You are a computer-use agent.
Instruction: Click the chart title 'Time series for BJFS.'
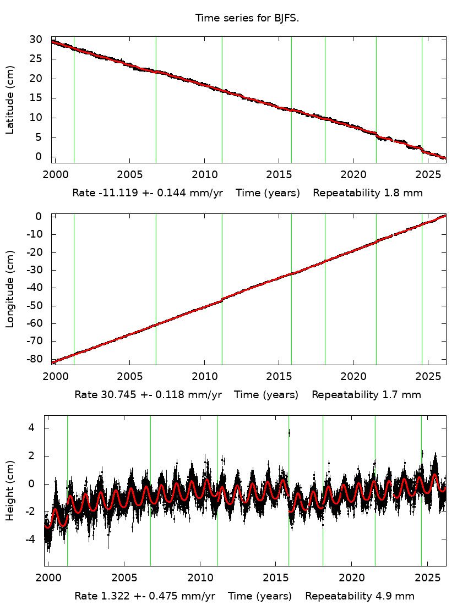247,18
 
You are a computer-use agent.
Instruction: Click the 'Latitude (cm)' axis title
10,100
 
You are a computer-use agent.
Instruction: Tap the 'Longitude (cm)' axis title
10,289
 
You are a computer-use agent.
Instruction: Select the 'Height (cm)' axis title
10,490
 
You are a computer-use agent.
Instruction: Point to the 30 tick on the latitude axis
36,40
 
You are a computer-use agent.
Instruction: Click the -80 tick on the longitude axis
34,359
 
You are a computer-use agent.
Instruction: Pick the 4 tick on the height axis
31,428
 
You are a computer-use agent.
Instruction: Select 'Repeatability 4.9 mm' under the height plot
360,596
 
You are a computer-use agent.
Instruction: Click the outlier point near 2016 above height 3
289,433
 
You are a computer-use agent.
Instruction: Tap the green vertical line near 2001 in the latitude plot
74,99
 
